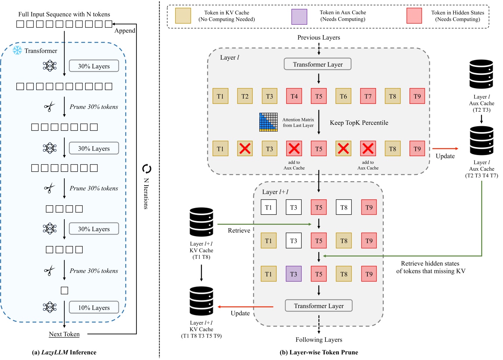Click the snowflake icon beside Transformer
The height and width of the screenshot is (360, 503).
pos(17,50)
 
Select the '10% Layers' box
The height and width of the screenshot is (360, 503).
pos(94,308)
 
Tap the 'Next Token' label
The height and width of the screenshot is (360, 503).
pos(64,334)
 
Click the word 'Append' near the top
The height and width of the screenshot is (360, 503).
pos(124,31)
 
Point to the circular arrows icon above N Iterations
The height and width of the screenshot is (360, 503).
pos(146,169)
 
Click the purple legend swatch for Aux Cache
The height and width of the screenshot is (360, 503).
pos(299,16)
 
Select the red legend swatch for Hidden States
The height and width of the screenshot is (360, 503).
pos(414,16)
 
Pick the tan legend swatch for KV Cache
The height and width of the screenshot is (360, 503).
pos(183,16)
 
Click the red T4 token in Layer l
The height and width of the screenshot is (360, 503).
pos(294,96)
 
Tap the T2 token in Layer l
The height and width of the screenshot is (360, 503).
pos(245,96)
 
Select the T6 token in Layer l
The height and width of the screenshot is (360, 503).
pos(343,96)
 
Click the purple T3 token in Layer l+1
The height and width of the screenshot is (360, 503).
pos(293,274)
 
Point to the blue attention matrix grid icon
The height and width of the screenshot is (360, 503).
pos(268,122)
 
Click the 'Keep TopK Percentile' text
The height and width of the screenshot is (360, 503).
pos(359,123)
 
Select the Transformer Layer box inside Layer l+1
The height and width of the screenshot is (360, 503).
pos(318,306)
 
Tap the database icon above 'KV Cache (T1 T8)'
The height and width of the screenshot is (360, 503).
pos(201,222)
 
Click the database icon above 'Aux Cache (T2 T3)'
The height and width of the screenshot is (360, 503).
pos(481,74)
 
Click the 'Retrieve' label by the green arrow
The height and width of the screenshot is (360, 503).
pos(239,231)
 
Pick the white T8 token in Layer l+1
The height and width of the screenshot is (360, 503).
pos(344,207)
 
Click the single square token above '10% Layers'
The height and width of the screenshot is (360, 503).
pos(64,290)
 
